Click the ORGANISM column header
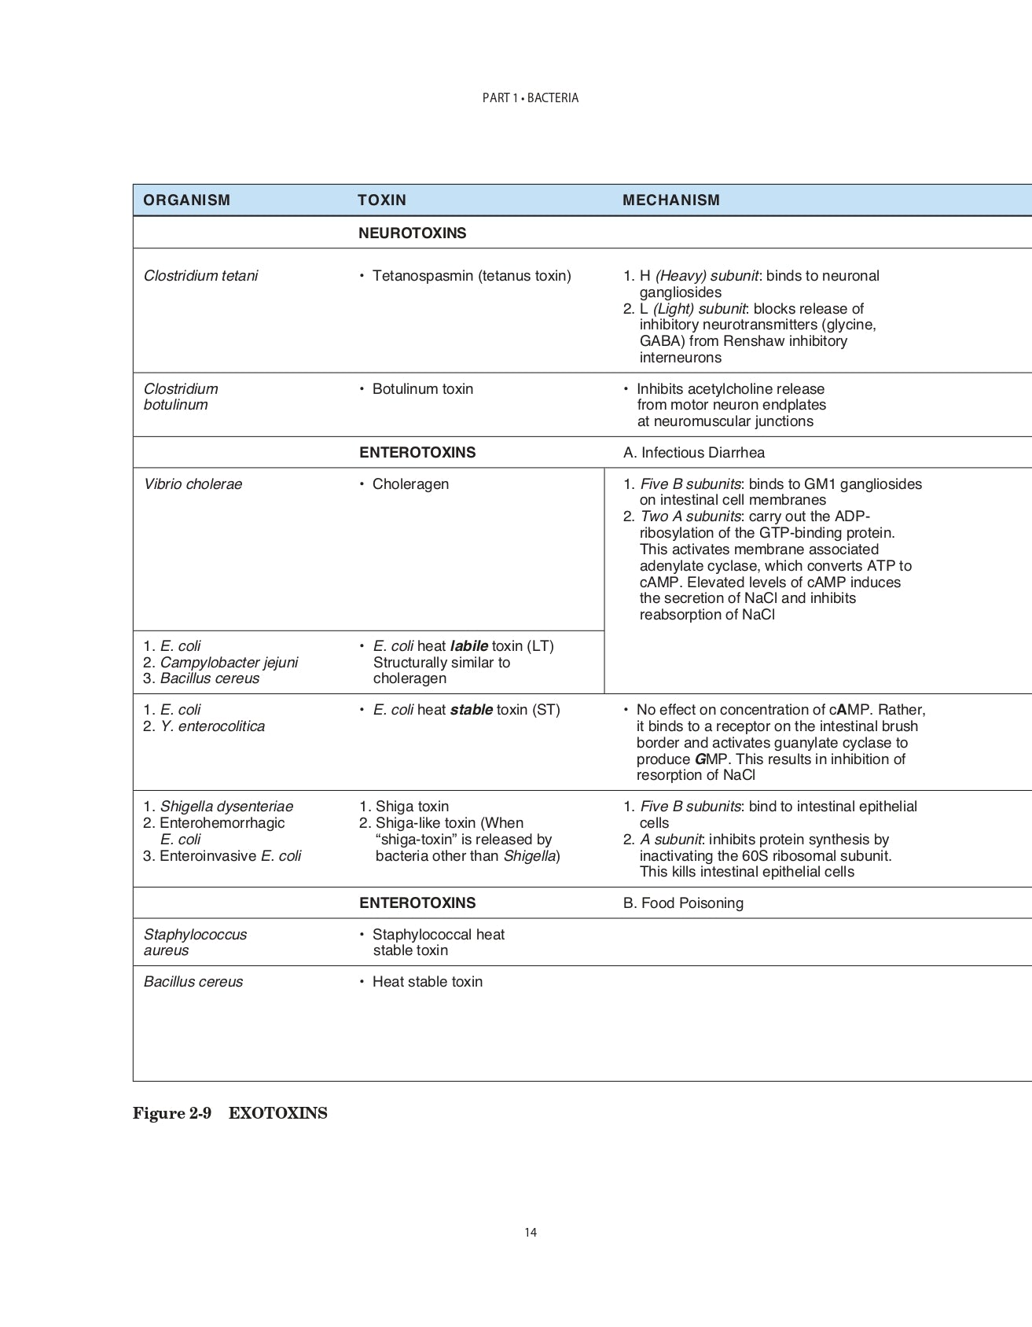coord(187,200)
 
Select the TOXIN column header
coord(382,200)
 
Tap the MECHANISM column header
coord(671,200)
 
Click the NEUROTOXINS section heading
coord(413,233)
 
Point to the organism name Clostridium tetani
coord(200,276)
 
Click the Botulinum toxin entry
coord(422,389)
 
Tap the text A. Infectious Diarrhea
coord(693,453)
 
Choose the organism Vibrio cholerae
coord(193,484)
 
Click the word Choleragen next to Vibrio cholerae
coord(410,484)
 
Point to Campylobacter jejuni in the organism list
coord(229,663)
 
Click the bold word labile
coord(468,646)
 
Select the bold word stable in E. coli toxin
coord(472,710)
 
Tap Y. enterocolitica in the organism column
coord(212,726)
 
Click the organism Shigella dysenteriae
coord(226,807)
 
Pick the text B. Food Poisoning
coord(683,903)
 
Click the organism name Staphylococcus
coord(195,935)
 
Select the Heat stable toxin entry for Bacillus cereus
coord(427,982)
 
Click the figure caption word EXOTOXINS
coord(278,1114)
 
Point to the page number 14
coord(531,1233)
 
